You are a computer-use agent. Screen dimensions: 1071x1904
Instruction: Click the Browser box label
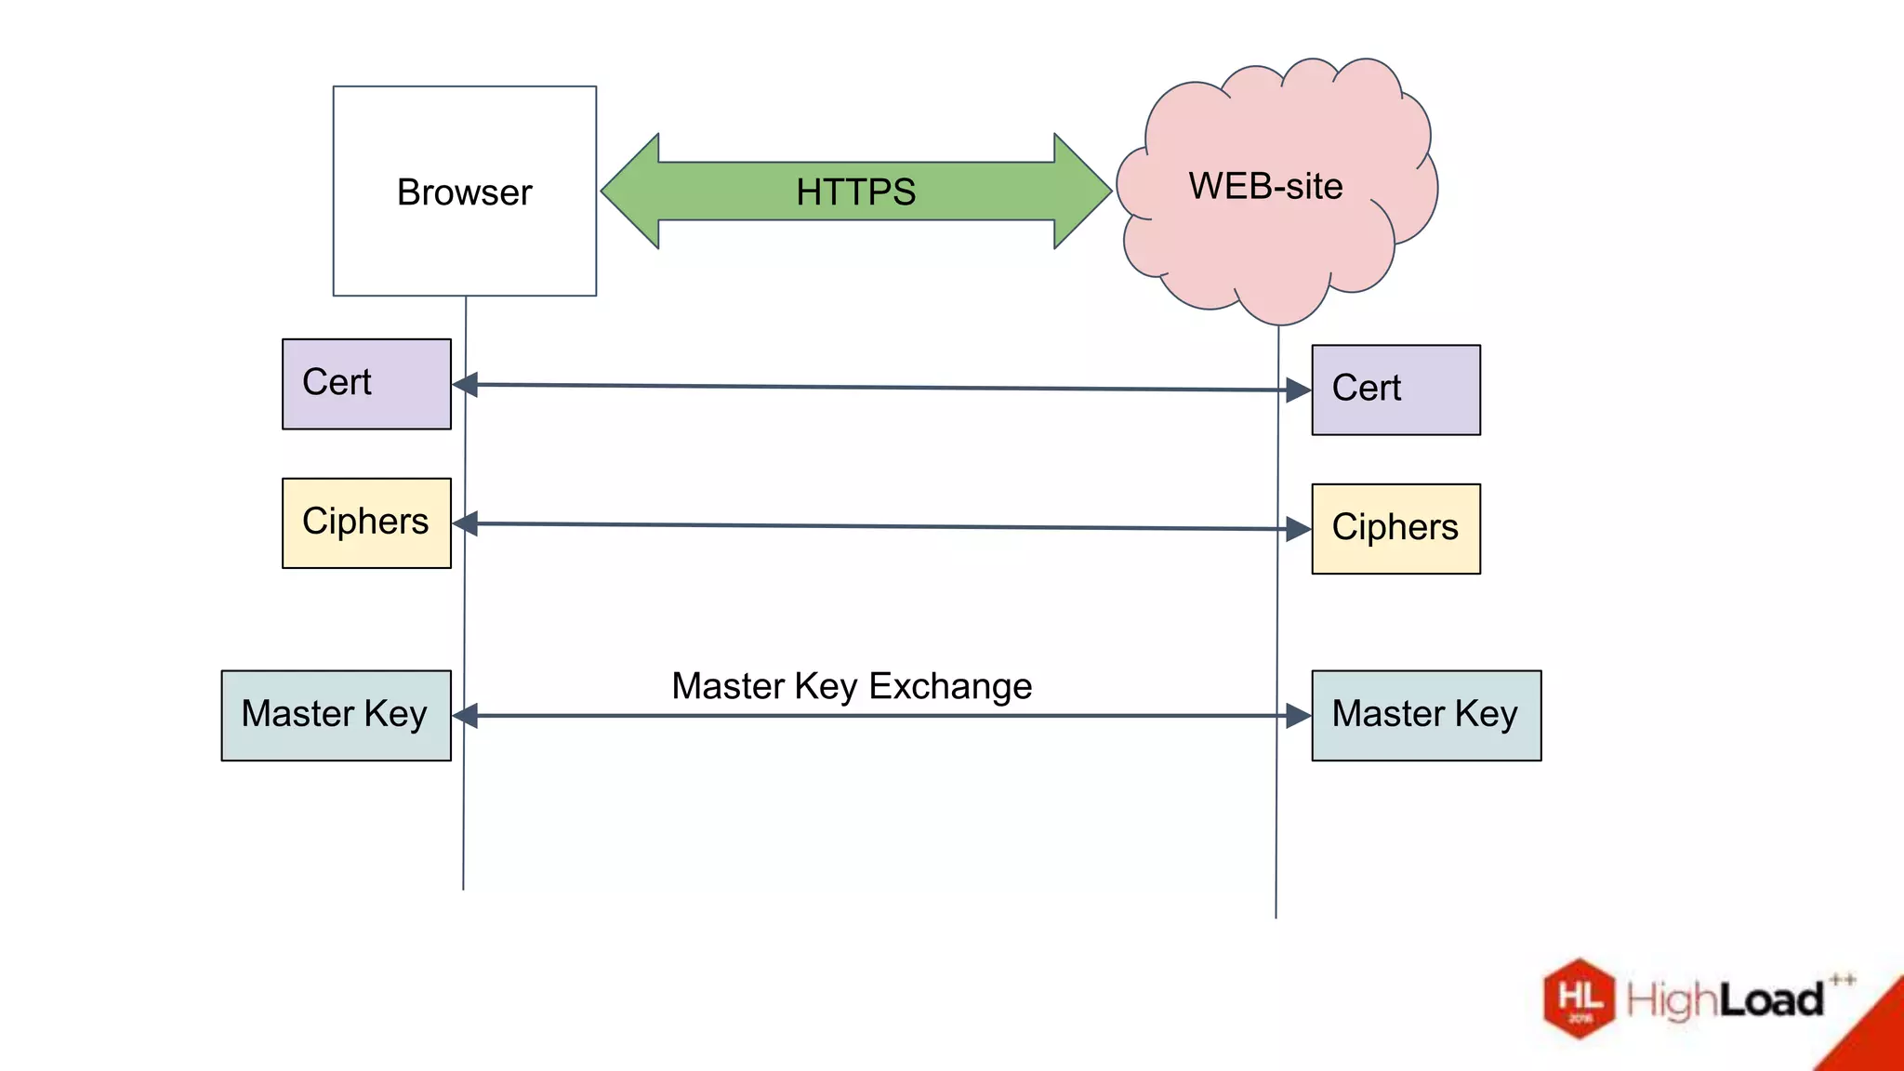pos(464,192)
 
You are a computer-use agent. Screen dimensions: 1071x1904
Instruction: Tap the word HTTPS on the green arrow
pos(855,192)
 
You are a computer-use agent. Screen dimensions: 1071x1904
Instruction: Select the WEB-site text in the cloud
pos(1265,186)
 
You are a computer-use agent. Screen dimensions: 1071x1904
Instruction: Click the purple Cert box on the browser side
pos(366,384)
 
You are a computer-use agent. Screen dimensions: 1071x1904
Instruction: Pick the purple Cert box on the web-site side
pos(1395,390)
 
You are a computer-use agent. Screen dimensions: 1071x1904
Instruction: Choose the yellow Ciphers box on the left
pos(366,522)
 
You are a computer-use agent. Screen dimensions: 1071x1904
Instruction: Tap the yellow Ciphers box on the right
pos(1395,528)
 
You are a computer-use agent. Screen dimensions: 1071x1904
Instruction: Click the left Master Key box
pos(336,715)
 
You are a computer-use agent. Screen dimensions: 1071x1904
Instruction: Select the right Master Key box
pos(1425,715)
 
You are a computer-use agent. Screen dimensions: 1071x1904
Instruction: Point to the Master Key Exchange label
pos(852,686)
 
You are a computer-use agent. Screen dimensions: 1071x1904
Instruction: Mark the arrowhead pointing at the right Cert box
pos(1298,390)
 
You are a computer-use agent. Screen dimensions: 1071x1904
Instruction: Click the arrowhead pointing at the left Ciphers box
pos(466,523)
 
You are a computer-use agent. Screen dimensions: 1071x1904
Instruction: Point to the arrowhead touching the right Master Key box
pos(1298,716)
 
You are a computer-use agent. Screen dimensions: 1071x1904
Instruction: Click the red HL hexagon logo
pos(1579,998)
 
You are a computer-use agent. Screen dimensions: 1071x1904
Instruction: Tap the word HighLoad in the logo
pos(1725,1000)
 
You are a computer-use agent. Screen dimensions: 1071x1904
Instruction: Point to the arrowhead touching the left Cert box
pos(466,384)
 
